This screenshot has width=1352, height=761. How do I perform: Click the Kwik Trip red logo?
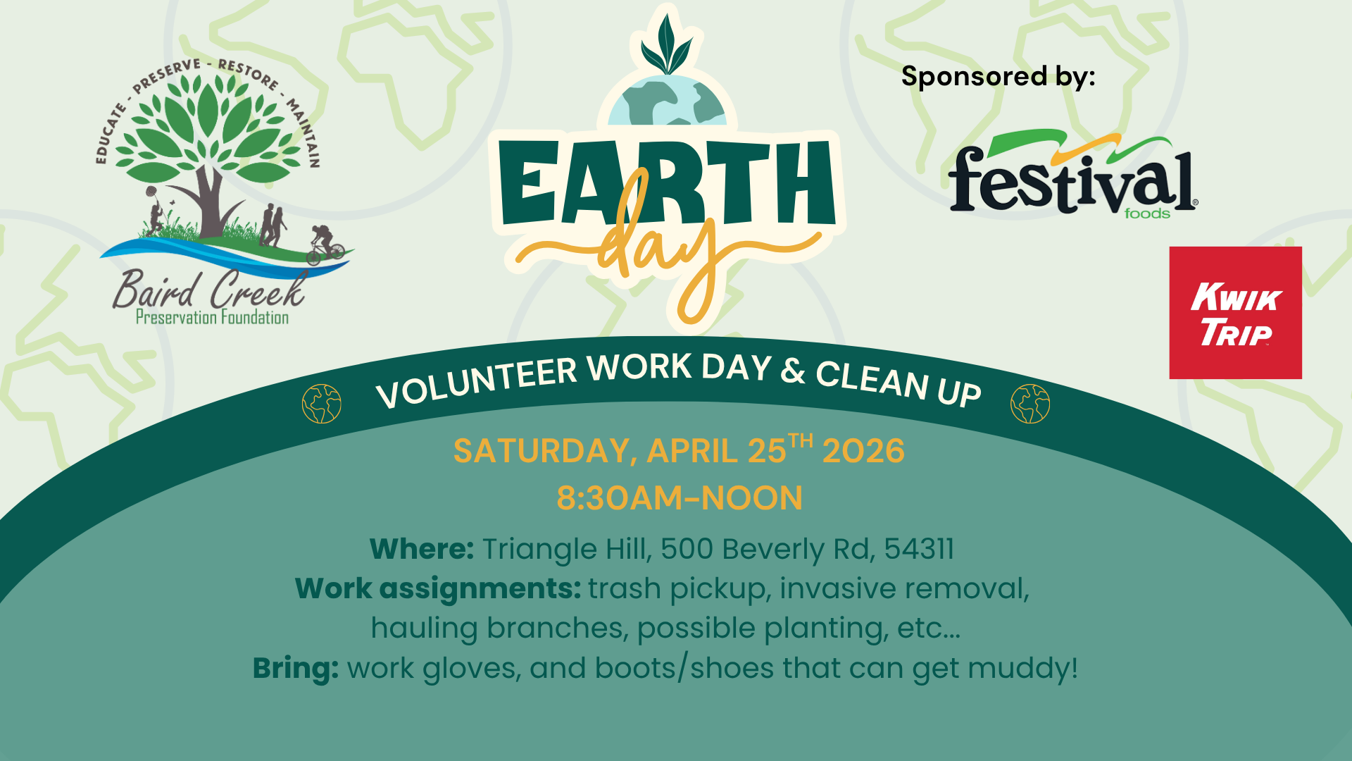click(1235, 313)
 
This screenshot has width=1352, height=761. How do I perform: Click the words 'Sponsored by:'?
click(998, 76)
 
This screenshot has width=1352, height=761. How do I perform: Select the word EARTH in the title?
click(665, 183)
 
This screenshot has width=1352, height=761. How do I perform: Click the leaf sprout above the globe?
click(666, 44)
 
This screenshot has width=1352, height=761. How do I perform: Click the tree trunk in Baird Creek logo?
click(210, 204)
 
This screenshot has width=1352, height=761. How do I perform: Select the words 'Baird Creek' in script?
click(209, 289)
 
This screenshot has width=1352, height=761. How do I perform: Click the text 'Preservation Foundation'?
click(212, 318)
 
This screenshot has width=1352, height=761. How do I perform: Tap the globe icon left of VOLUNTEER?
click(321, 404)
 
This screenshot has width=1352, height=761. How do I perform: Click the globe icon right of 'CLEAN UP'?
click(1029, 404)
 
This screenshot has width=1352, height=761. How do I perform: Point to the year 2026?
click(863, 451)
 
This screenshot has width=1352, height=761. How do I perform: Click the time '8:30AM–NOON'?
click(680, 498)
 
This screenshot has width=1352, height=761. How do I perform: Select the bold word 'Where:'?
click(422, 549)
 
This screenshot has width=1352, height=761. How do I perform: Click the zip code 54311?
click(919, 549)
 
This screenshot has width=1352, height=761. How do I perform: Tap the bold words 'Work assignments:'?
click(437, 588)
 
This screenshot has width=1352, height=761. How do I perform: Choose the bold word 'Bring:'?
click(296, 668)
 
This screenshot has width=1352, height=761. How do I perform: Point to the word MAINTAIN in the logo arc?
click(303, 134)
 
